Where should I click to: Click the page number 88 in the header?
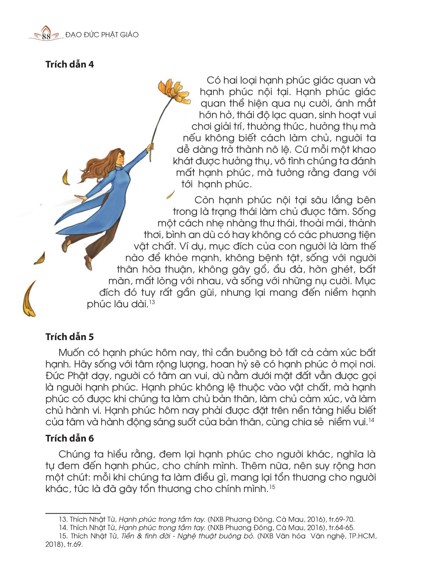point(46,36)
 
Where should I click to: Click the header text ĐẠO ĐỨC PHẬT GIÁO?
point(102,35)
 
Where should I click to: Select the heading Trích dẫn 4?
point(69,64)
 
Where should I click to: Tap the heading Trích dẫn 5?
point(69,337)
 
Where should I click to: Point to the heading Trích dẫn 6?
point(69,438)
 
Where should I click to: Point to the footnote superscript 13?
point(152,302)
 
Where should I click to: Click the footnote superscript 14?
point(371,420)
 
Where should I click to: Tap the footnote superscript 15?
point(272,487)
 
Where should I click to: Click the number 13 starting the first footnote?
point(63,519)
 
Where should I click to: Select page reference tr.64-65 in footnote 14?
point(341,528)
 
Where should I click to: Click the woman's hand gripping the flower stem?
point(151,147)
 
